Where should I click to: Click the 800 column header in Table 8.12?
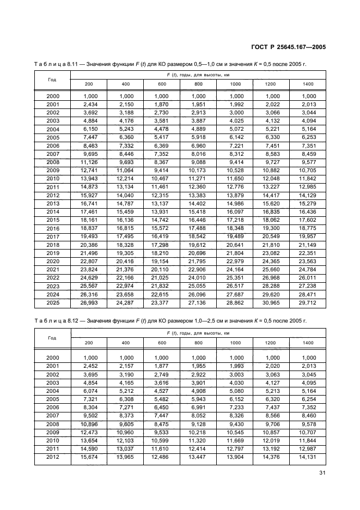[x=198, y=343]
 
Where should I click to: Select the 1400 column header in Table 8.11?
[x=308, y=84]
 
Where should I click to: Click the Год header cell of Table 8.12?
[x=52, y=338]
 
